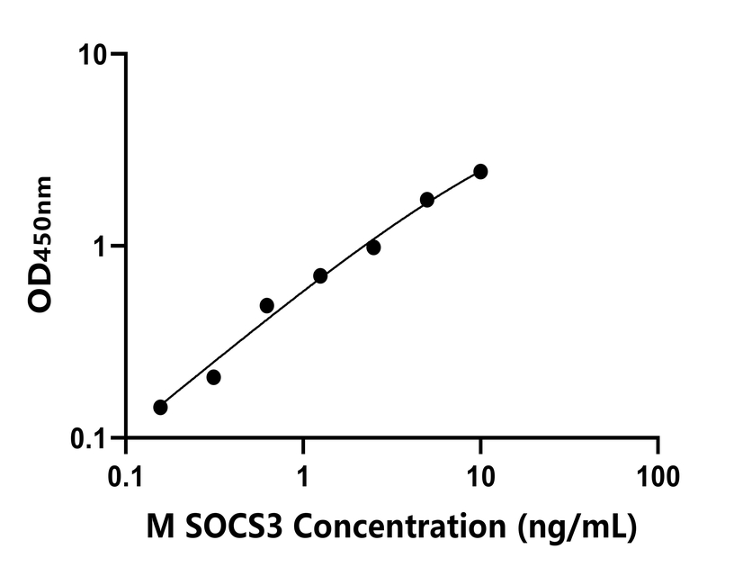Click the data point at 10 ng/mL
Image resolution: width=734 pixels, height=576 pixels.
(480, 171)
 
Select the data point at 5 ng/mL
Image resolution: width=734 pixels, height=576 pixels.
(427, 199)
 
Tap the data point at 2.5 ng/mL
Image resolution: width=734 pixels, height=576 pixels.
(373, 247)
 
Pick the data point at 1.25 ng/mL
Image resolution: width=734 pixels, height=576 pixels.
(320, 275)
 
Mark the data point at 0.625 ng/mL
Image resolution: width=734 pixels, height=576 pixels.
(266, 305)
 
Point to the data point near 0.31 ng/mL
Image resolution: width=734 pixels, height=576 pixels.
(213, 377)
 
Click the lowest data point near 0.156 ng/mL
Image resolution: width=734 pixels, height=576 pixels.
(160, 407)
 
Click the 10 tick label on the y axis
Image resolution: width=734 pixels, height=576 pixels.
(91, 54)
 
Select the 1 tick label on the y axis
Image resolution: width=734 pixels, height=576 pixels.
(100, 246)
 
